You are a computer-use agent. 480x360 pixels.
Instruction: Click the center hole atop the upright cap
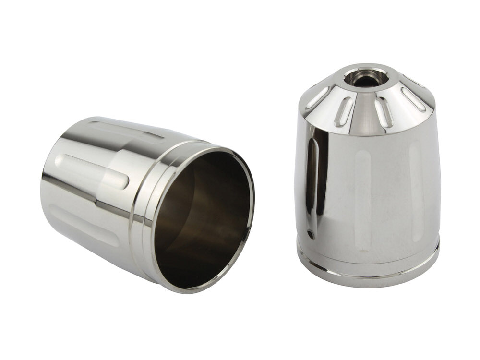(x=366, y=79)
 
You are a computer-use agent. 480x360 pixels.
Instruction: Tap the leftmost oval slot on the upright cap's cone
(x=317, y=97)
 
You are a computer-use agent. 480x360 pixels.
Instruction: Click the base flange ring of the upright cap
(x=368, y=271)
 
